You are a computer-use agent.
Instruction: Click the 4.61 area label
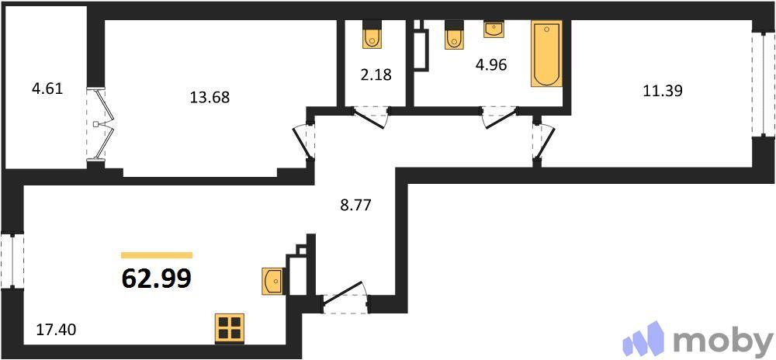click(46, 89)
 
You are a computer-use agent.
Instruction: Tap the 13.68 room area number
click(210, 98)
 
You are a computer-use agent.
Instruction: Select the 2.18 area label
click(377, 75)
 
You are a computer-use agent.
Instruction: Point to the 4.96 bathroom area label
click(490, 64)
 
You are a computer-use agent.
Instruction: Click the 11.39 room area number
click(662, 90)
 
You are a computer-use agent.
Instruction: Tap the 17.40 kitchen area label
click(56, 331)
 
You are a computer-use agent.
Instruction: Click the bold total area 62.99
click(157, 278)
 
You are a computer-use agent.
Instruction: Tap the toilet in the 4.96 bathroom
click(454, 36)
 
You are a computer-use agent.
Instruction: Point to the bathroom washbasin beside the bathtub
click(494, 29)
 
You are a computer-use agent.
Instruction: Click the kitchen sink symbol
click(273, 280)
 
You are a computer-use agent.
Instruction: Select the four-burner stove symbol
click(230, 328)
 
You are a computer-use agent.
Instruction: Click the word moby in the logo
click(722, 341)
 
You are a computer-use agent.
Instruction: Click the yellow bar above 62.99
click(157, 254)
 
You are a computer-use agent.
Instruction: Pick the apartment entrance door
click(345, 299)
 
